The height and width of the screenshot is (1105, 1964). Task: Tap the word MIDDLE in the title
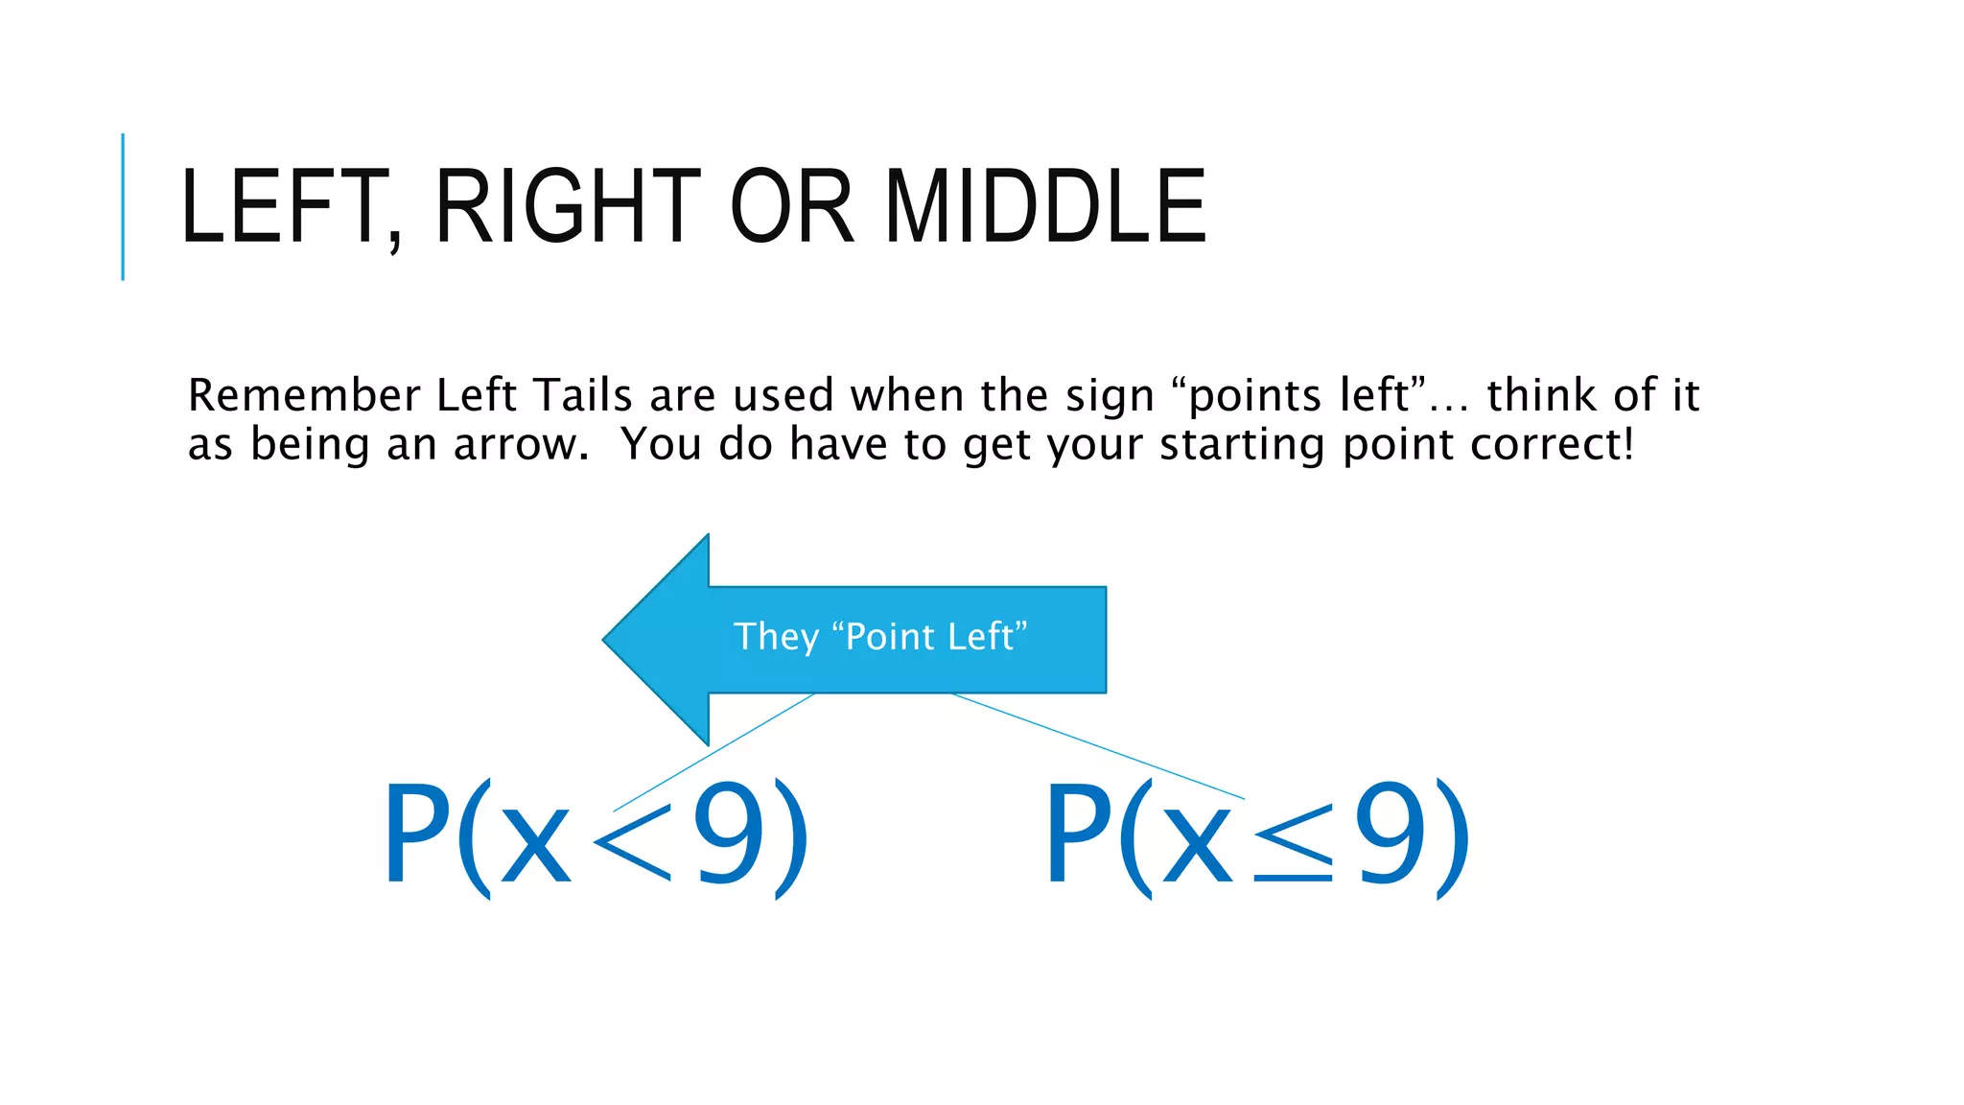tap(1045, 206)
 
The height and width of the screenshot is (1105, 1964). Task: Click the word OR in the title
tap(791, 206)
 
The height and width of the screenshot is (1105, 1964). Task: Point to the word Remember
tap(304, 395)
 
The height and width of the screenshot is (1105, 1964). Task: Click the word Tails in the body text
tap(583, 395)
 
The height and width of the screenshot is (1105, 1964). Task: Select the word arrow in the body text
tap(521, 444)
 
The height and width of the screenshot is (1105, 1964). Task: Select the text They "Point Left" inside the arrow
tap(879, 637)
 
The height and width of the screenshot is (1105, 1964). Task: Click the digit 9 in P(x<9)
tap(730, 834)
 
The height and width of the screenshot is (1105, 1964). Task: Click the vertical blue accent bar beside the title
tap(123, 206)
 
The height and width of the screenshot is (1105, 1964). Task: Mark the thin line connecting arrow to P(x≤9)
tap(1098, 746)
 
